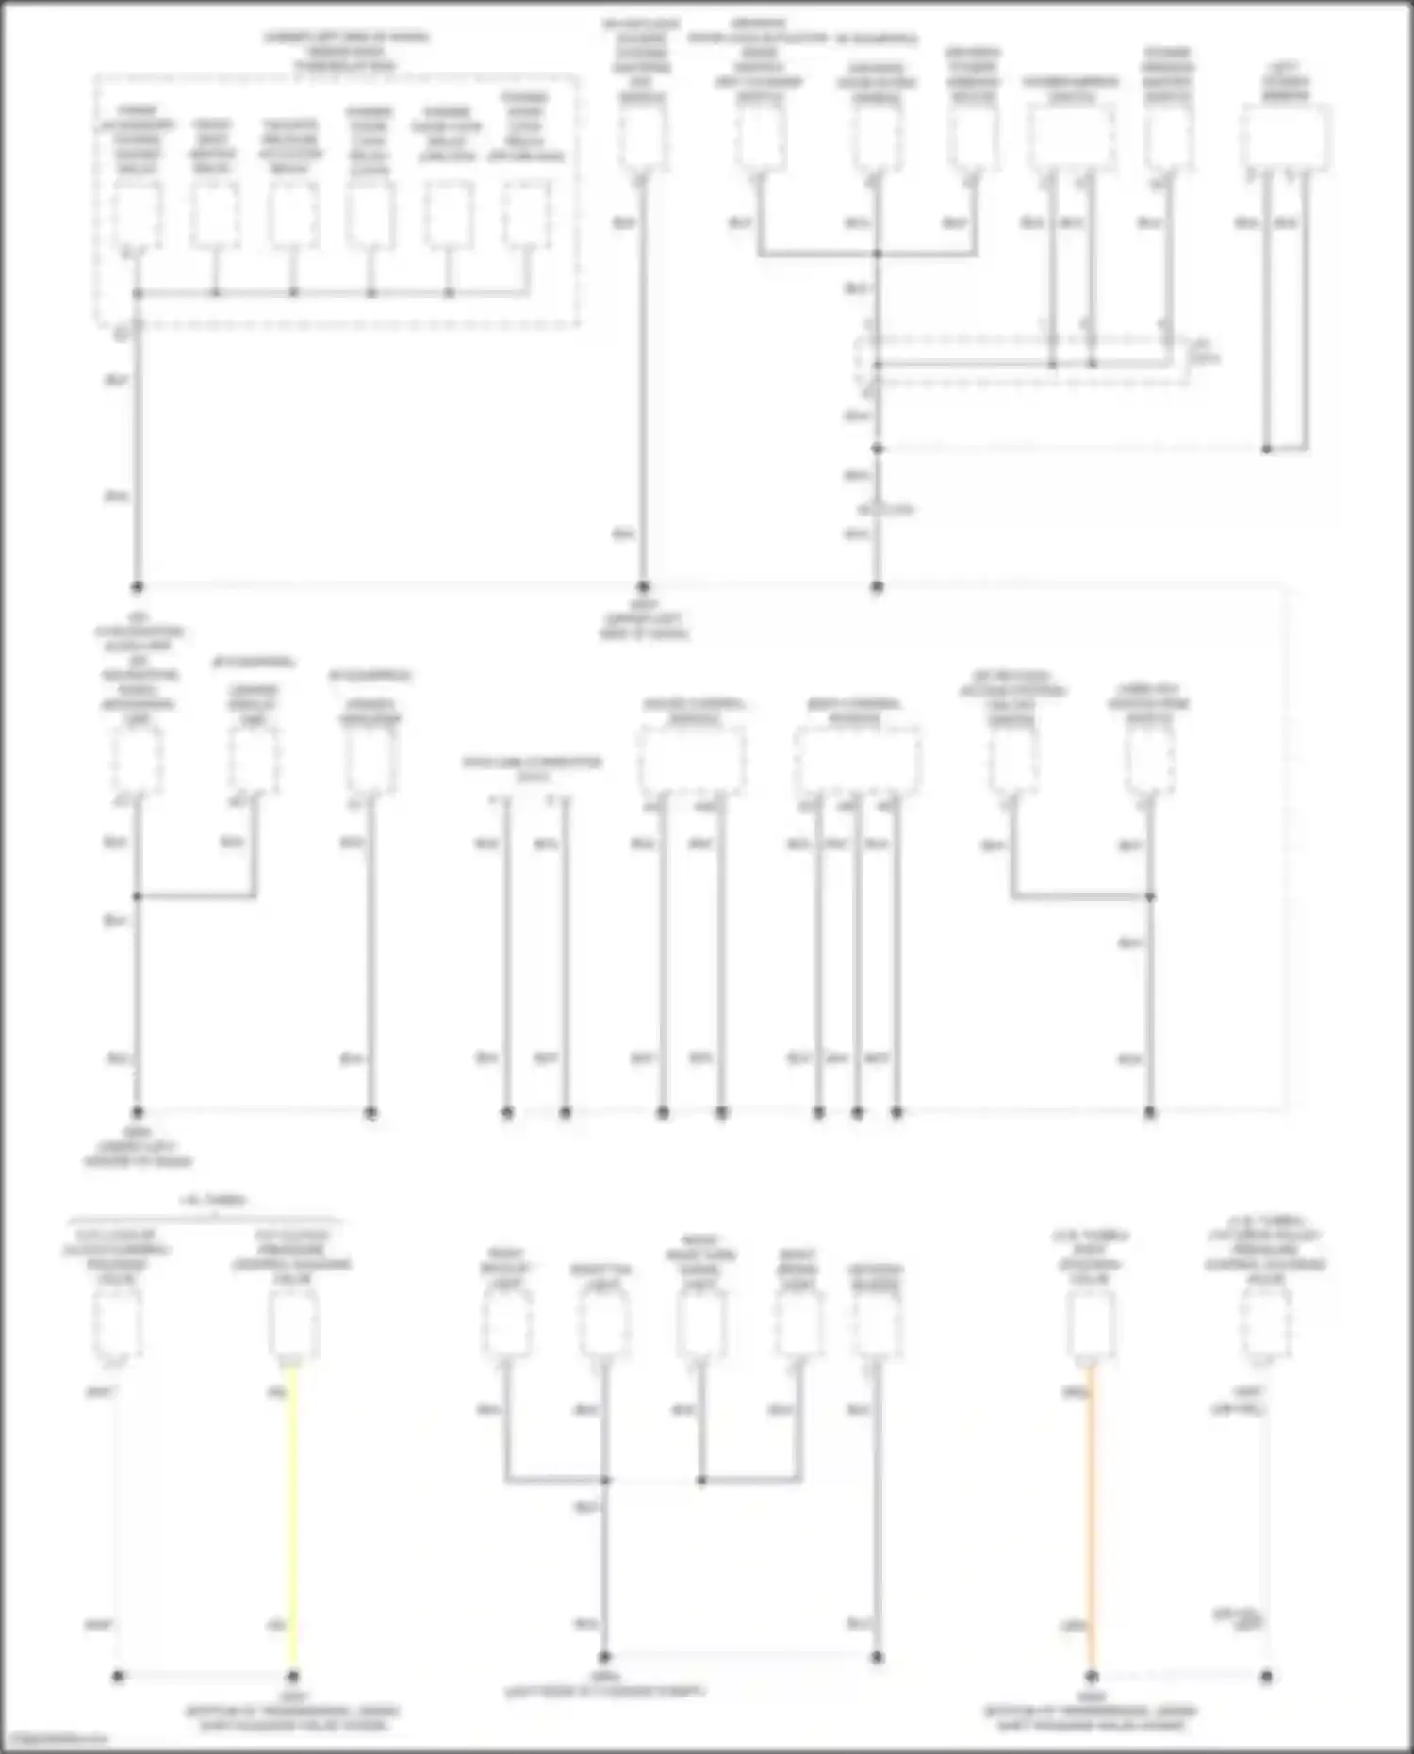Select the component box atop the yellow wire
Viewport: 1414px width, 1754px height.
(x=292, y=1324)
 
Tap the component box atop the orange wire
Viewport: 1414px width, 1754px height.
(x=1091, y=1324)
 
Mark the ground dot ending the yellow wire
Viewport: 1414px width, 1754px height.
(x=292, y=1676)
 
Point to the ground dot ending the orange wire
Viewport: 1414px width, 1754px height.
(x=1091, y=1676)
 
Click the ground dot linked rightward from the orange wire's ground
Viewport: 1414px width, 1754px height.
(x=1266, y=1676)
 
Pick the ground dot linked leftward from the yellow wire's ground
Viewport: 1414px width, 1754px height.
(x=118, y=1676)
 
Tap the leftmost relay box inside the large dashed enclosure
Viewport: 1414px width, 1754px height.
(x=138, y=216)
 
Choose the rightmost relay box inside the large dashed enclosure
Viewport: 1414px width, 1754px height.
(x=525, y=216)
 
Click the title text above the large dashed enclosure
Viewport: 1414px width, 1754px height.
(x=345, y=52)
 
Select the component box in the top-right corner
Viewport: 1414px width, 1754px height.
(x=1286, y=138)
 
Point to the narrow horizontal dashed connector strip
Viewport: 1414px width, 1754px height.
(x=1023, y=363)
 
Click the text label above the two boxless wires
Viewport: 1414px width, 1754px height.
(x=532, y=767)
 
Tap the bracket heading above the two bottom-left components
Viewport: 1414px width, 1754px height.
(x=214, y=1201)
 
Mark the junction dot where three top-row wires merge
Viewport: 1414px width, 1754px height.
(x=877, y=254)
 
